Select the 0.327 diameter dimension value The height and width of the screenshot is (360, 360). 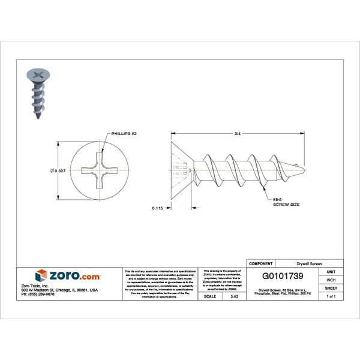tap(58, 171)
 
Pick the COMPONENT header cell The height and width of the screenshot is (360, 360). tap(260, 263)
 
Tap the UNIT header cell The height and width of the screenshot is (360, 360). tap(331, 272)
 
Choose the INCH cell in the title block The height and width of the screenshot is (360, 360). tap(331, 280)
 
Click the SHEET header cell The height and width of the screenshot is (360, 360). tap(331, 288)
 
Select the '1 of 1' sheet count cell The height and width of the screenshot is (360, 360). tap(331, 296)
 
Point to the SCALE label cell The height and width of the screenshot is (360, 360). tap(210, 296)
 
